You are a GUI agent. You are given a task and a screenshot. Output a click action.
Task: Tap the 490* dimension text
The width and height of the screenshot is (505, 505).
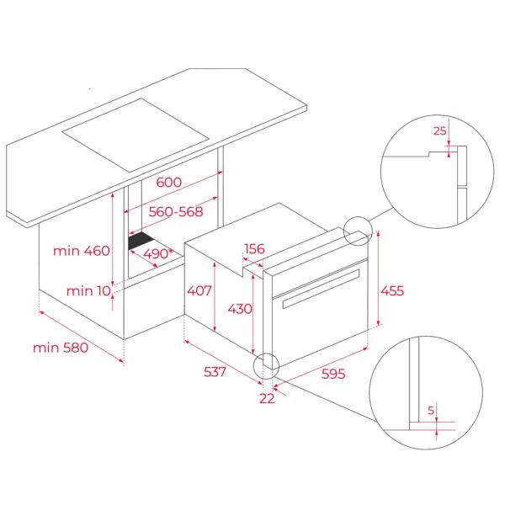tap(157, 252)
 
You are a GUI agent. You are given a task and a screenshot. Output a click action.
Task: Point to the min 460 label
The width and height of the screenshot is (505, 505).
tap(81, 250)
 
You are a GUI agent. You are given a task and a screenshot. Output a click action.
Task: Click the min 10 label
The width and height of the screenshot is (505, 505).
tap(88, 290)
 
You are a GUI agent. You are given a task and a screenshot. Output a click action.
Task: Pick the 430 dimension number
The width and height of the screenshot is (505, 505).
tap(240, 309)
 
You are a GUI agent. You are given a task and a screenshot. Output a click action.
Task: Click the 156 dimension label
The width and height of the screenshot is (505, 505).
tap(255, 248)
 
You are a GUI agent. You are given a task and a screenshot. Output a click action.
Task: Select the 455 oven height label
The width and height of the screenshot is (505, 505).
tap(392, 290)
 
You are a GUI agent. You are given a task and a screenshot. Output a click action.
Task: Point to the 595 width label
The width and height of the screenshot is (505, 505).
tap(333, 375)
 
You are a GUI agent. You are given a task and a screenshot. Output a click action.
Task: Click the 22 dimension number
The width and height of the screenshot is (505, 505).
tap(267, 398)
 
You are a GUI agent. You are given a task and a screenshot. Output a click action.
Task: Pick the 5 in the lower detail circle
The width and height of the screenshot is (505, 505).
tap(430, 412)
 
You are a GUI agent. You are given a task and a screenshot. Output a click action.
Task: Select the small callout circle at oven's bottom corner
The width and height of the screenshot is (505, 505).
tap(265, 364)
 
